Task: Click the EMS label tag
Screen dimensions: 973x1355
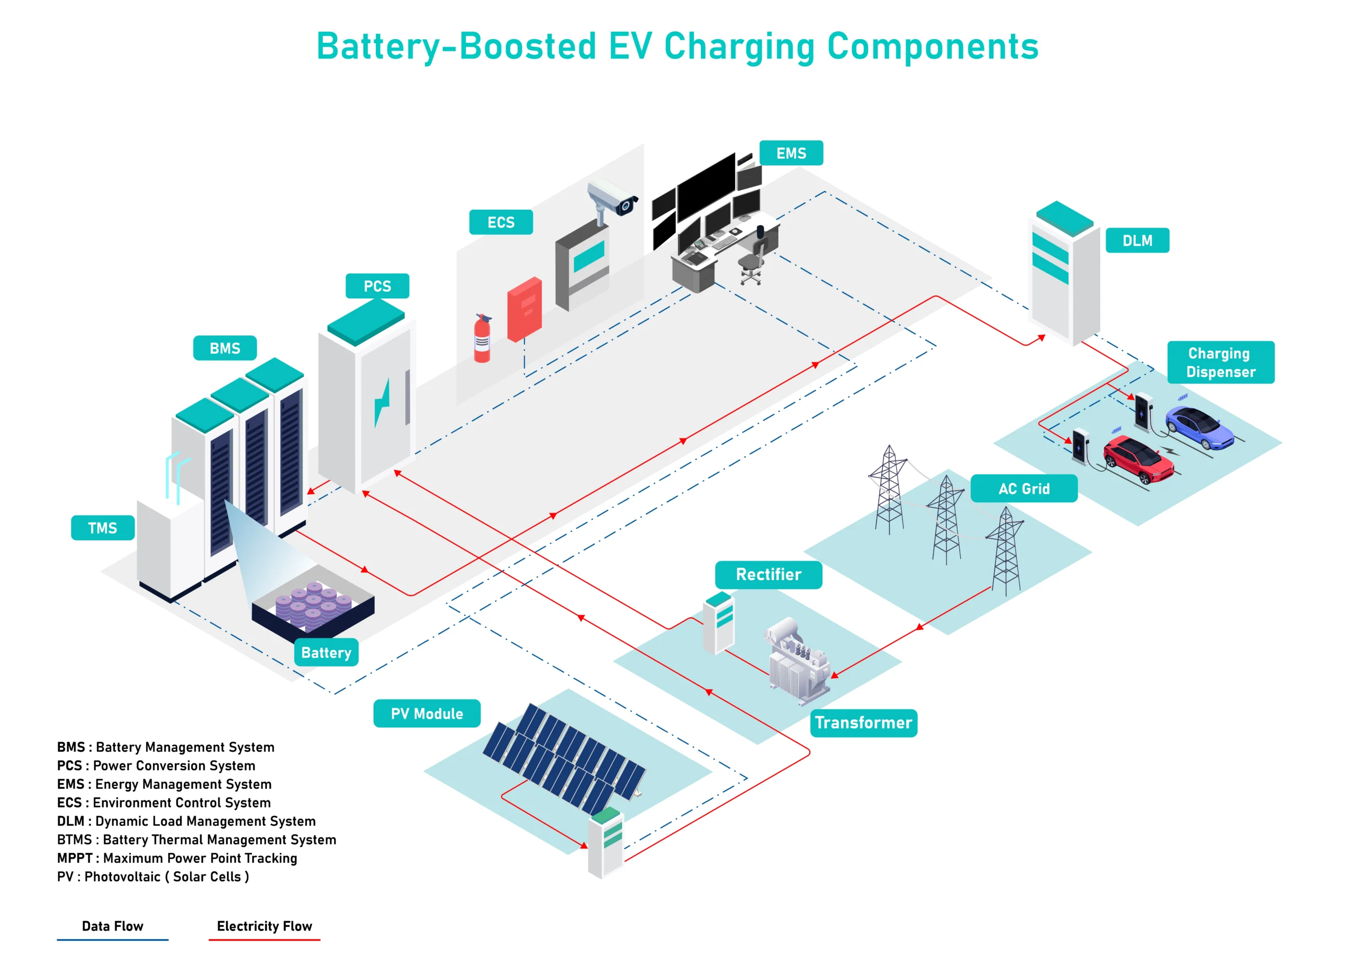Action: tap(791, 153)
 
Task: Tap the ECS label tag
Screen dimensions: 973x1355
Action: tap(501, 222)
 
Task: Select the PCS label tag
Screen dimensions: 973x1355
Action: tap(377, 286)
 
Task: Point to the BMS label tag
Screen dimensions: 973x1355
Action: tap(224, 348)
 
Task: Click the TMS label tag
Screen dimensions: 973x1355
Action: tap(102, 528)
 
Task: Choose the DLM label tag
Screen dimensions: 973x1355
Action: tap(1137, 241)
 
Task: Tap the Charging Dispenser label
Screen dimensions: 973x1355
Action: tap(1220, 363)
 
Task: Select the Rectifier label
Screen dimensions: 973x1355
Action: tap(769, 575)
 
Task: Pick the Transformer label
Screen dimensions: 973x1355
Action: tap(863, 723)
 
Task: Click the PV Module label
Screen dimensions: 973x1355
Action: tap(427, 714)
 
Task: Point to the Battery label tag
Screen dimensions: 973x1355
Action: tap(326, 653)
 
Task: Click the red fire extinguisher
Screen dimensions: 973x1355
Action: tap(482, 339)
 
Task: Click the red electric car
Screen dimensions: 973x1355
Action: tap(1137, 459)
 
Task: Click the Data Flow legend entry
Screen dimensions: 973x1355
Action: tap(112, 927)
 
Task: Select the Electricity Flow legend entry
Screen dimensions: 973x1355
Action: tap(264, 927)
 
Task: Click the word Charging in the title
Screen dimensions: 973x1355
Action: tap(739, 47)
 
